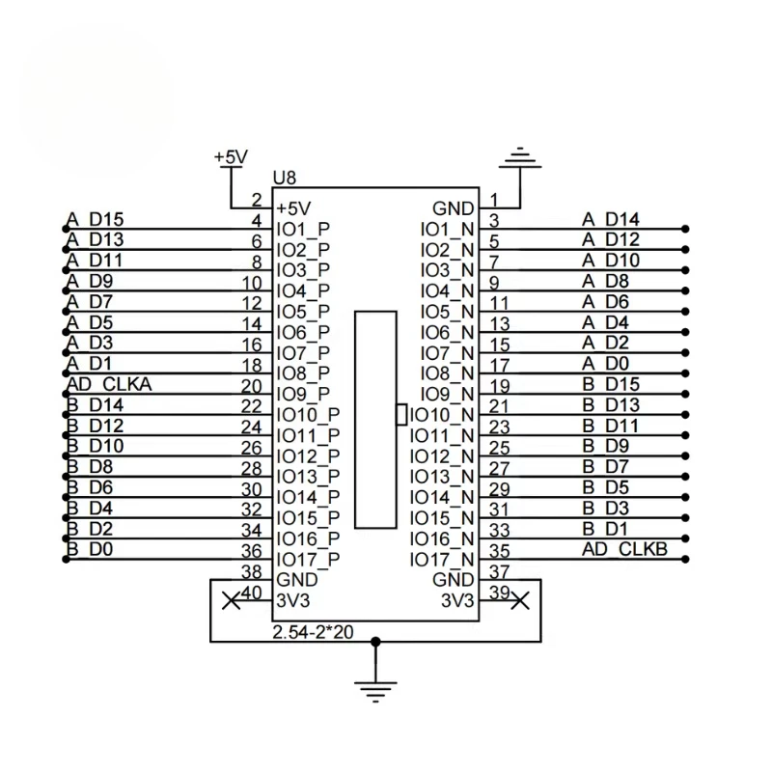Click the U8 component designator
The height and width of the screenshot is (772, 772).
(x=284, y=178)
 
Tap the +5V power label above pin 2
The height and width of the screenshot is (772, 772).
(x=231, y=157)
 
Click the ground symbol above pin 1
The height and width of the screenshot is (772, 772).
(x=520, y=158)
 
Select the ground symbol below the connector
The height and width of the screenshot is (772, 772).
(x=375, y=692)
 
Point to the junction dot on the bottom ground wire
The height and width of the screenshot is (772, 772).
(x=375, y=642)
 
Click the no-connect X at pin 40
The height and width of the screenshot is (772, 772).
(x=232, y=600)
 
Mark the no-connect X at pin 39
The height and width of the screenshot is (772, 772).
(x=520, y=600)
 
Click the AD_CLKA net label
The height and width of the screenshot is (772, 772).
(x=109, y=384)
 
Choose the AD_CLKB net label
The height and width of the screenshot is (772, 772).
(x=624, y=549)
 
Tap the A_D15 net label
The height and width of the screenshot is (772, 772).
(x=95, y=219)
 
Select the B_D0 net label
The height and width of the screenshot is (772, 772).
(x=90, y=549)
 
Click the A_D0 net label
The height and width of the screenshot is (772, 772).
(x=606, y=364)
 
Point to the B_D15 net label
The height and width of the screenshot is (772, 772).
(x=611, y=384)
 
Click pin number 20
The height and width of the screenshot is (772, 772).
(x=252, y=387)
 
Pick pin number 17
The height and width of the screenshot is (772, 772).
(x=499, y=366)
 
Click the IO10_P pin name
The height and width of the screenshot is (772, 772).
(x=308, y=415)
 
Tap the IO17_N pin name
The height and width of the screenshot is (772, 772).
(x=442, y=560)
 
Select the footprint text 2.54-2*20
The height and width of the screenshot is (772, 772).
(x=313, y=632)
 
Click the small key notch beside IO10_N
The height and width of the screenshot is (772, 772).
(x=401, y=415)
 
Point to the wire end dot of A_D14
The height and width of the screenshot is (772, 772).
(x=685, y=229)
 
